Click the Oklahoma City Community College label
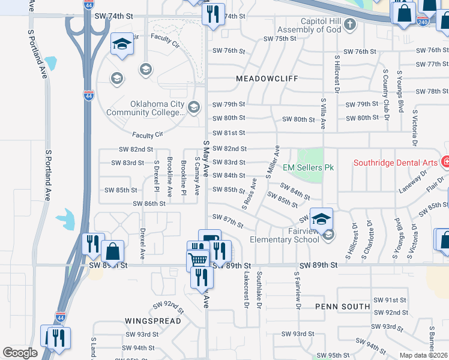pos(145,108)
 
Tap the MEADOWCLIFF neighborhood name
pos(264,79)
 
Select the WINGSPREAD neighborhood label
pos(153,321)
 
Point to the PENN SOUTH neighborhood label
pos(343,306)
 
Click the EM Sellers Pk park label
pos(308,167)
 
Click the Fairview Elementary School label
pos(285,235)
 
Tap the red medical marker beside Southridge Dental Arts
pos(445,161)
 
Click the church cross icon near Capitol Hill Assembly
pos(351,24)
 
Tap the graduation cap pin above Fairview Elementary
pos(322,219)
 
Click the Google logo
pos(20,353)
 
